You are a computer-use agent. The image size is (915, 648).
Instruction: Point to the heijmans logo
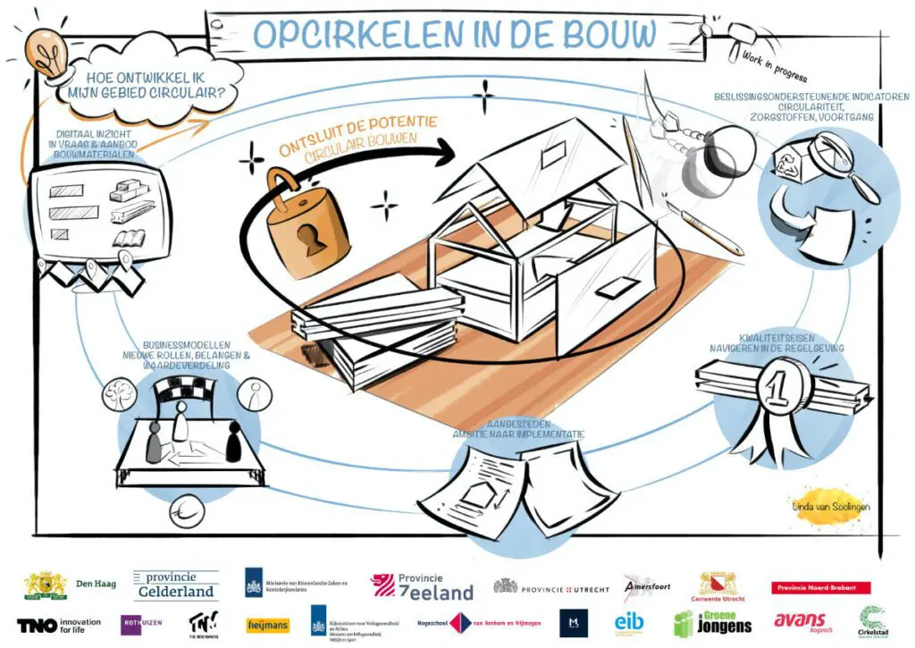(265, 623)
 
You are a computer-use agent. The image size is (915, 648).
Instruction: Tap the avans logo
(801, 622)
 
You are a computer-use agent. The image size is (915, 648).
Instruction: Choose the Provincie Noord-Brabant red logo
(820, 587)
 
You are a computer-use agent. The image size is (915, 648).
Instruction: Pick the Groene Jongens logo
(713, 623)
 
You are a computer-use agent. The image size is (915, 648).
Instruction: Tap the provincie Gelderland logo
(175, 585)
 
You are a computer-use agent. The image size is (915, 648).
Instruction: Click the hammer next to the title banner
(740, 37)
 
